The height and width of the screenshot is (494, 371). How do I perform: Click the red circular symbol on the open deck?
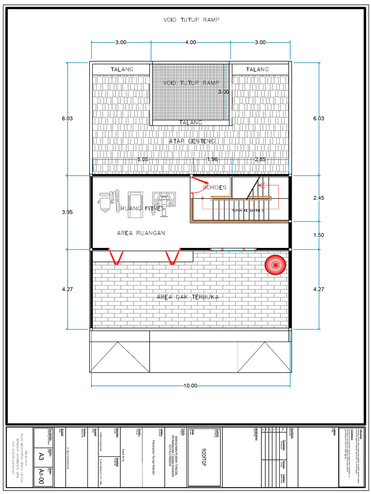pyautogui.click(x=275, y=265)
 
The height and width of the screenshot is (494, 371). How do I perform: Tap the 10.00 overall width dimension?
pyautogui.click(x=191, y=385)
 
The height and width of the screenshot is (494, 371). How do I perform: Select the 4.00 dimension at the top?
pyautogui.click(x=191, y=42)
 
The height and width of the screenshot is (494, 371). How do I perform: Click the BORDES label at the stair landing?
pyautogui.click(x=215, y=187)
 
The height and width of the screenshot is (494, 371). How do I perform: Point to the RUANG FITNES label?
pyautogui.click(x=143, y=209)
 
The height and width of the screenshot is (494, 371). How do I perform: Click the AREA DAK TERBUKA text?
pyautogui.click(x=188, y=297)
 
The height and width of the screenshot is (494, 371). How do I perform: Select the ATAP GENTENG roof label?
pyautogui.click(x=192, y=141)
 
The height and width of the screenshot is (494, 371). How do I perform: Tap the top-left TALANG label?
pyautogui.click(x=121, y=69)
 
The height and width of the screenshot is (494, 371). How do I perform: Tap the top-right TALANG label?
pyautogui.click(x=257, y=69)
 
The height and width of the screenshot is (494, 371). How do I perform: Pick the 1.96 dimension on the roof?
pyautogui.click(x=213, y=159)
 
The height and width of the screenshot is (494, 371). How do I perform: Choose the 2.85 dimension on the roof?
pyautogui.click(x=260, y=159)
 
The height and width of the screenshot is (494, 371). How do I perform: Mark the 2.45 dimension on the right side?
pyautogui.click(x=319, y=198)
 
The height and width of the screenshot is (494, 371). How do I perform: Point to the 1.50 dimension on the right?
pyautogui.click(x=319, y=235)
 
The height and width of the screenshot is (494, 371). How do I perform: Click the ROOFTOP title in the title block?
pyautogui.click(x=203, y=456)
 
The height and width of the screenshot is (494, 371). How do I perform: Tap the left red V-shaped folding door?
pyautogui.click(x=115, y=257)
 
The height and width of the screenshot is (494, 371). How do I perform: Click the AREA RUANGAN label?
pyautogui.click(x=141, y=233)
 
